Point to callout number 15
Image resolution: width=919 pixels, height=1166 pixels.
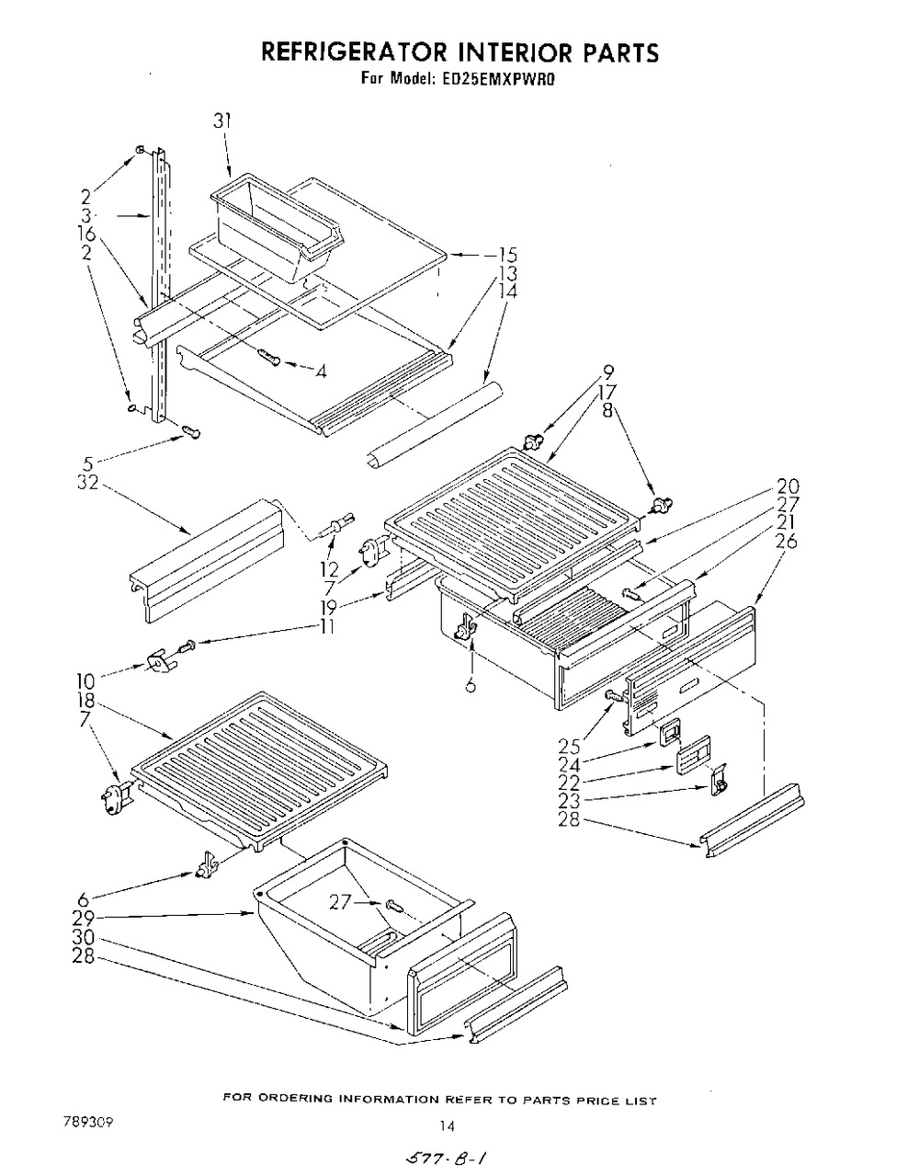tap(508, 256)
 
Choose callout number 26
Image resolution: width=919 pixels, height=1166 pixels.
tap(787, 542)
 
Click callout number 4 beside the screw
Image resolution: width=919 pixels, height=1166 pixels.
tap(320, 372)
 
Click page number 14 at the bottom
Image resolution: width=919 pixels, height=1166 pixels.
tap(448, 1125)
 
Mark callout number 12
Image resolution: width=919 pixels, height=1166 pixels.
tap(329, 569)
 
